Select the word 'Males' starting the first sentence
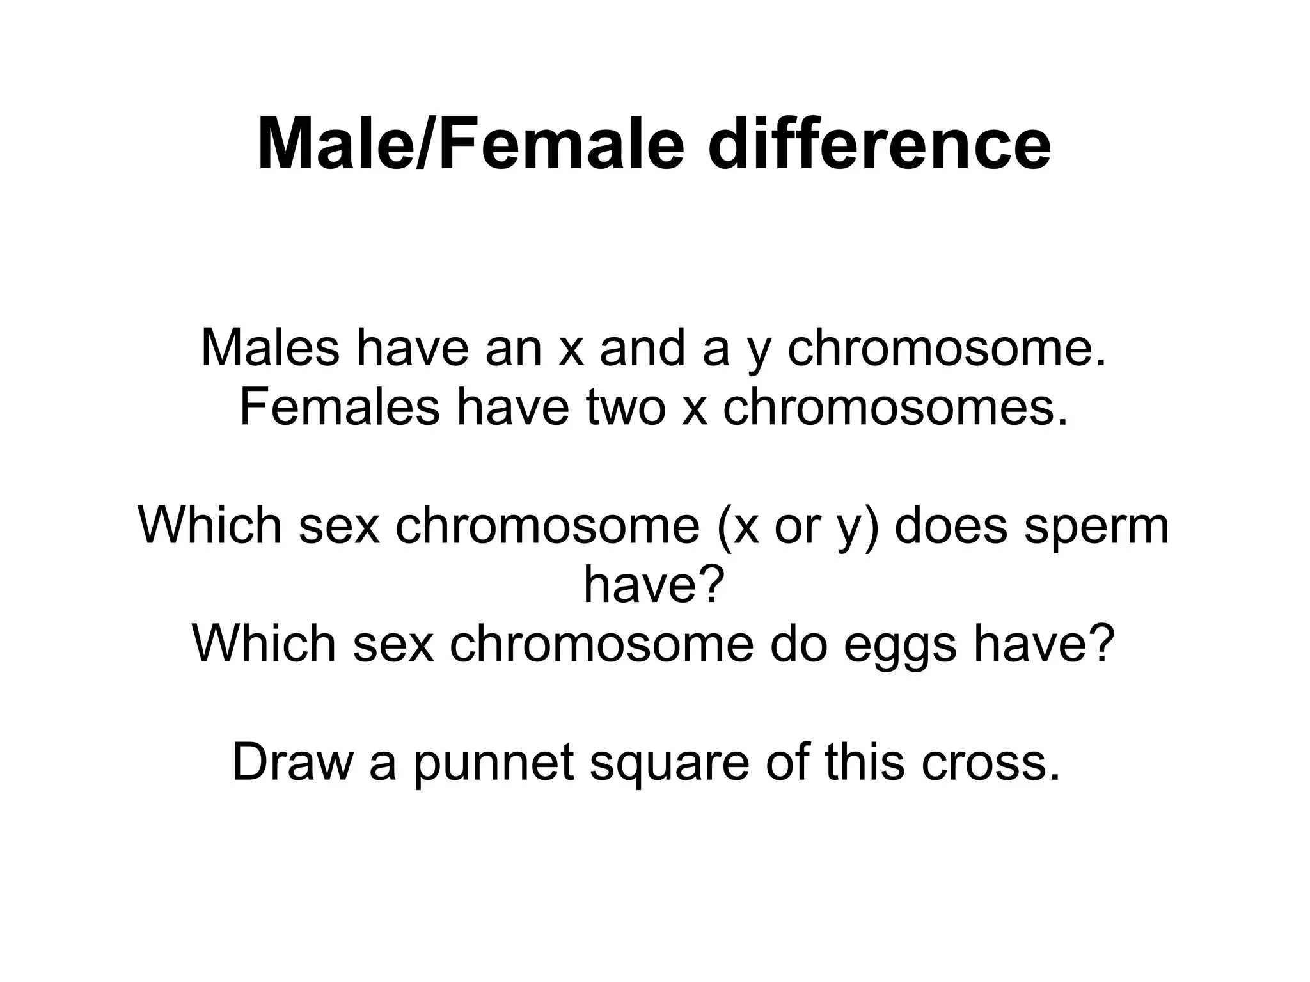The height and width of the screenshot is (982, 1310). [270, 348]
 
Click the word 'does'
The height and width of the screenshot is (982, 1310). [951, 526]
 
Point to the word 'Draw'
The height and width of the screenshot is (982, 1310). [292, 762]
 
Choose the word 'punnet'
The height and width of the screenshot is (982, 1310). [493, 763]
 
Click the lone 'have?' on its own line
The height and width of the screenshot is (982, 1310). [654, 585]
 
